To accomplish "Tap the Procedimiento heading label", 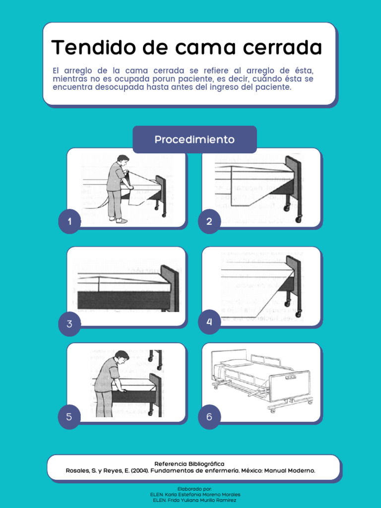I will pos(194,139).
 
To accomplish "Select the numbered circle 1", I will pos(69,222).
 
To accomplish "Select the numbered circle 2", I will pos(209,222).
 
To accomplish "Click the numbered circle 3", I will pos(69,324).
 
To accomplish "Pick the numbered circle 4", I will pos(209,322).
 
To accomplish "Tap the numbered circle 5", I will pos(69,417).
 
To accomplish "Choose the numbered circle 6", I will pos(209,417).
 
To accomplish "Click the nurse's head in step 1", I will pos(123,160).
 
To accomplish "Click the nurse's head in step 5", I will pos(121,356).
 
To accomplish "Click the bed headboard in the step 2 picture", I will pos(293,179).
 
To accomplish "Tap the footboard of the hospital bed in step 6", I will pos(290,384).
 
